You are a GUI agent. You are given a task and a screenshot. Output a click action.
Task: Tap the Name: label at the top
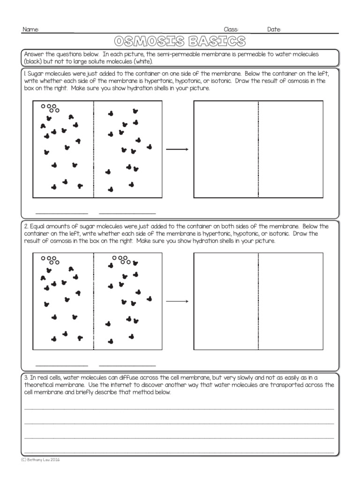(x=31, y=30)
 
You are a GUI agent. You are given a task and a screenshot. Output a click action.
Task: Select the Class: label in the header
(x=232, y=30)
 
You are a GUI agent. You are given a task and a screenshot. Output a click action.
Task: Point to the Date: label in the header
(x=274, y=30)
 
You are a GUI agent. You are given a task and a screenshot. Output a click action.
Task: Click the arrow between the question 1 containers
(x=177, y=150)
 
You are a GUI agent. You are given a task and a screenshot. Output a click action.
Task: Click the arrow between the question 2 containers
(x=177, y=301)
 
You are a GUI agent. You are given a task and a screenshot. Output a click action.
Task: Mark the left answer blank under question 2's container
(x=61, y=364)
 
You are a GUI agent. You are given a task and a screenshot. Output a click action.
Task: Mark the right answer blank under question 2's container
(x=127, y=364)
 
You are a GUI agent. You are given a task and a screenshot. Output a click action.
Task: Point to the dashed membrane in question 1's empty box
(x=258, y=150)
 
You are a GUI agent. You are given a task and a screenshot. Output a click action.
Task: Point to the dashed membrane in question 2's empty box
(x=258, y=301)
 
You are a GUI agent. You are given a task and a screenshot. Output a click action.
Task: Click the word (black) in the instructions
(x=33, y=61)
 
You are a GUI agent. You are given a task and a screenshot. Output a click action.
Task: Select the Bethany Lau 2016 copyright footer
(x=40, y=460)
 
